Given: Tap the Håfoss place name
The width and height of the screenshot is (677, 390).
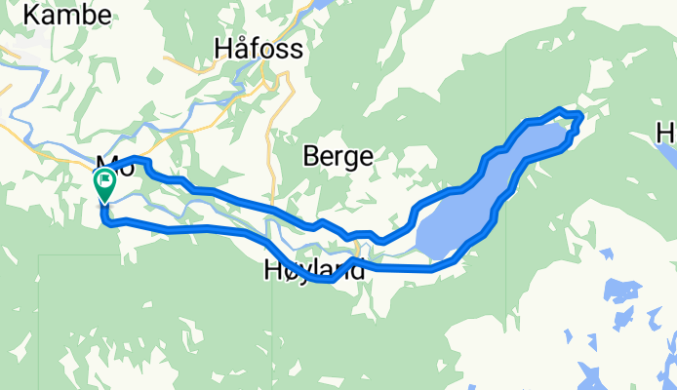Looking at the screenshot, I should (x=258, y=48).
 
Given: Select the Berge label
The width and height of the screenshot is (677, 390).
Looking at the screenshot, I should (x=338, y=155).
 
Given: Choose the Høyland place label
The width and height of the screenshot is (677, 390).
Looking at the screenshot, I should (x=314, y=270).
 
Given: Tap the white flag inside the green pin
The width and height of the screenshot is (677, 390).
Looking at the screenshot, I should (x=104, y=180).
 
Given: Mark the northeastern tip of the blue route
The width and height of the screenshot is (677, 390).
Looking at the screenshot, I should (x=579, y=116).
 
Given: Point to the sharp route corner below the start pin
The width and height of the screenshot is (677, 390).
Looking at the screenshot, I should (x=104, y=222).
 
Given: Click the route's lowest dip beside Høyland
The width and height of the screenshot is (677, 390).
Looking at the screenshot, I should (x=332, y=280).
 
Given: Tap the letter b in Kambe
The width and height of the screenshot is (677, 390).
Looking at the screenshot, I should (x=89, y=15).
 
